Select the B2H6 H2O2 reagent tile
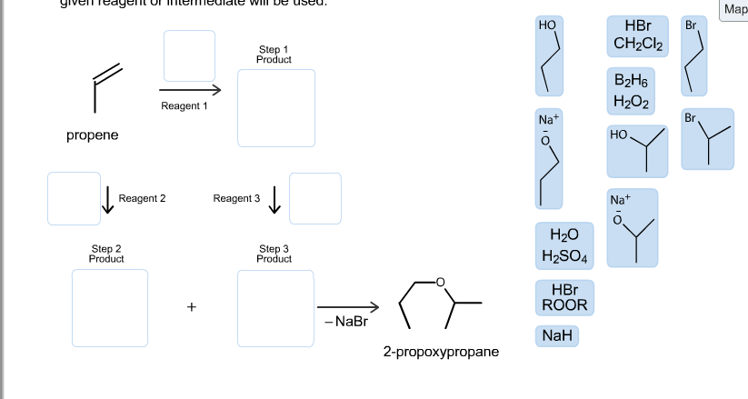(637, 90)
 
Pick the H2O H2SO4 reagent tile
(564, 245)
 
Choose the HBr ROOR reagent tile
(564, 297)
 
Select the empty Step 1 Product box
(276, 107)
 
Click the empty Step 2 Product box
(110, 308)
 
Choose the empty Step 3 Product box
(276, 308)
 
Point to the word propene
(92, 135)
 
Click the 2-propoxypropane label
(441, 351)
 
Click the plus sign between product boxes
(192, 307)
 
